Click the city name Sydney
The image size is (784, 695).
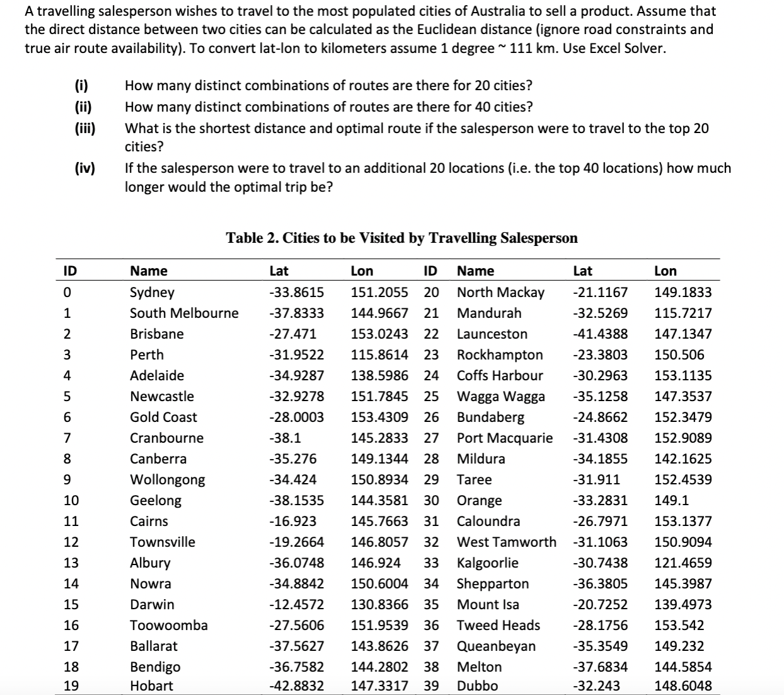(152, 292)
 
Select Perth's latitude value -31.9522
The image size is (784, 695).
(296, 354)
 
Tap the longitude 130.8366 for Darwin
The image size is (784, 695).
(379, 604)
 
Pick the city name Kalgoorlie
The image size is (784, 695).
(487, 563)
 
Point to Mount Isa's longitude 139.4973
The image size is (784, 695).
(683, 604)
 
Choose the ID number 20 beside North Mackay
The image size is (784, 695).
(431, 292)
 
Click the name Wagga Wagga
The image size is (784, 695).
(500, 396)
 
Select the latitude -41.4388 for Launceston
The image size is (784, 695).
(600, 334)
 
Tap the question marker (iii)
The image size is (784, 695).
(84, 129)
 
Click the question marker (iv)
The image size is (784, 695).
(84, 168)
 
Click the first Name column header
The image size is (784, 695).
(149, 271)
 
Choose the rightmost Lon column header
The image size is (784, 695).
(666, 271)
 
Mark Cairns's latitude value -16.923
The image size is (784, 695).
(293, 521)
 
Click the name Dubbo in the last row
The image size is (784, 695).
(477, 686)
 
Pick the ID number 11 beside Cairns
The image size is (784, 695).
(72, 521)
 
